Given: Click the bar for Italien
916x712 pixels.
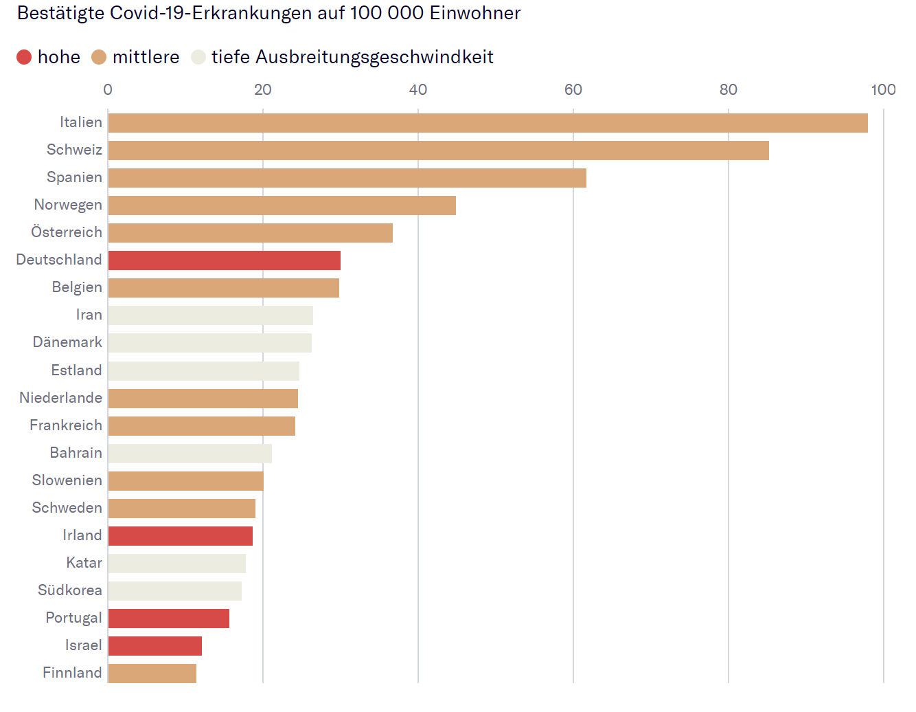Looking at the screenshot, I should pos(488,123).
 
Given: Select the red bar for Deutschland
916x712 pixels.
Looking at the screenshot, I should pos(225,260).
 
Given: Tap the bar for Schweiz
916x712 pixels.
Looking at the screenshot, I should pos(438,151).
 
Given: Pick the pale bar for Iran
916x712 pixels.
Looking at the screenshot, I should pos(211,315).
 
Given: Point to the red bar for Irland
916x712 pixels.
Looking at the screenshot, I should pos(181,536).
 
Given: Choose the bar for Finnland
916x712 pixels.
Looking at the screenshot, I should pos(152,674).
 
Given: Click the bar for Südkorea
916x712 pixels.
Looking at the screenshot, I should pos(175,591).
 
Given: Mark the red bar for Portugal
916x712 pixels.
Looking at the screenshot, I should pos(169,619).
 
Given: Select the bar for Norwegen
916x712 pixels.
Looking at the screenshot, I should pos(282,205).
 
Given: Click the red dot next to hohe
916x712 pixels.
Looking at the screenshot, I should pos(24,57).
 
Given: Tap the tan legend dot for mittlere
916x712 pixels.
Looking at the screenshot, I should pos(99,57).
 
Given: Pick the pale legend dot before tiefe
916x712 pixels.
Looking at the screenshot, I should pos(198,57).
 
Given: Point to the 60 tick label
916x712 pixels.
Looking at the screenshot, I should pos(573,90).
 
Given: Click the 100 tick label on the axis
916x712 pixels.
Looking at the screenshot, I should pos(883,90).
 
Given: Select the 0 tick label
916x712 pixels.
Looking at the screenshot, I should pos(108,90).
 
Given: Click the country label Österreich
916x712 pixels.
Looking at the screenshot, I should pos(67,232).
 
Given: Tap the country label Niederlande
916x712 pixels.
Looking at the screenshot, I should pos(61,398).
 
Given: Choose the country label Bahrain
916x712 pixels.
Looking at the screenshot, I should pos(76,453).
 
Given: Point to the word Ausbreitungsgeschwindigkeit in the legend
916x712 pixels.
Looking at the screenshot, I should pos(374,58).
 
